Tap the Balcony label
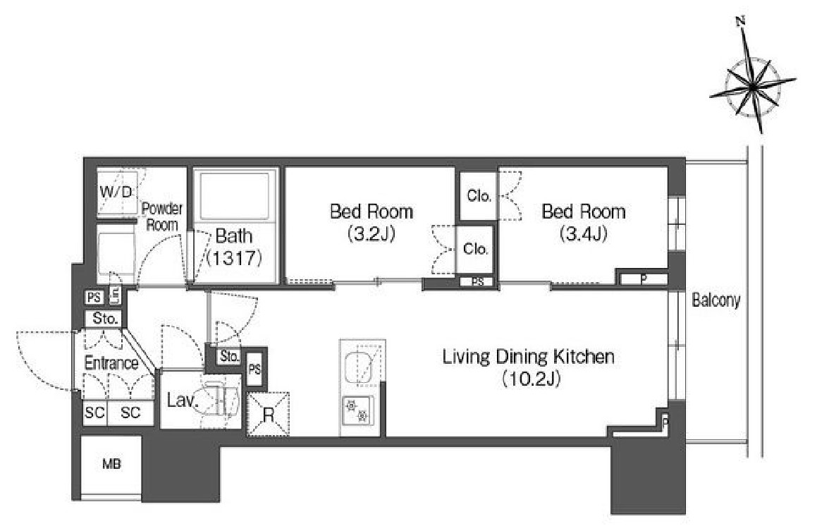(x=716, y=300)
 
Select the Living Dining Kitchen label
(x=529, y=357)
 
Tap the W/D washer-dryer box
(x=116, y=192)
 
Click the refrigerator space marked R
(x=268, y=414)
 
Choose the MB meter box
(x=111, y=464)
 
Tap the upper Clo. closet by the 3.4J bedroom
(x=479, y=196)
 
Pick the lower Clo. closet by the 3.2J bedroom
(x=474, y=249)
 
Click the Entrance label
(x=111, y=363)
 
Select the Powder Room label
(x=162, y=216)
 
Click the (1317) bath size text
(x=234, y=257)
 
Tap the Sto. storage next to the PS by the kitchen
(x=228, y=357)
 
